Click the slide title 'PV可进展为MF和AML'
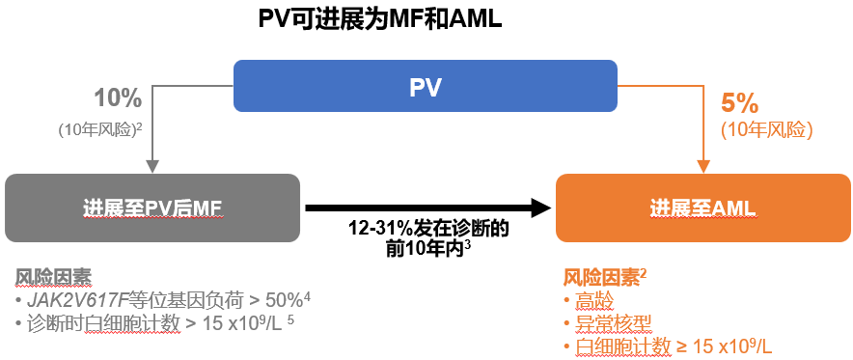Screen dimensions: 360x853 (380, 18)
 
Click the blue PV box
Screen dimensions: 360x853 (426, 87)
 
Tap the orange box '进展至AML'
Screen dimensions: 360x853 (702, 208)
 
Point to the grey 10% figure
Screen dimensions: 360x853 (118, 97)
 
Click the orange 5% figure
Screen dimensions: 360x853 (739, 103)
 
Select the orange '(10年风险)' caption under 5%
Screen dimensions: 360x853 (767, 129)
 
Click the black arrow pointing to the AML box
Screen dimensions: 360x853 (425, 207)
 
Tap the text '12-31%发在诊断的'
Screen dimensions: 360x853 (428, 230)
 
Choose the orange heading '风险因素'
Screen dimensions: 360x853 (599, 278)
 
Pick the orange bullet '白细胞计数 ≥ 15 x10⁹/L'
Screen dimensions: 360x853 (673, 346)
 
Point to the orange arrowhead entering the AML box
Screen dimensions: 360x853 (702, 166)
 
